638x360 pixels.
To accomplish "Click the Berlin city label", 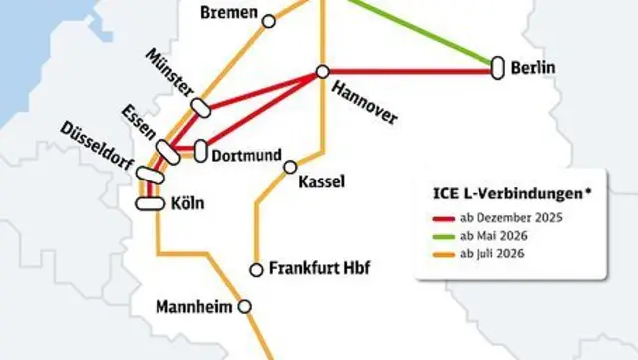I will pyautogui.click(x=534, y=68).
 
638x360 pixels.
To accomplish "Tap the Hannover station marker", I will pyautogui.click(x=322, y=71).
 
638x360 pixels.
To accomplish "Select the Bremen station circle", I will pyautogui.click(x=268, y=19).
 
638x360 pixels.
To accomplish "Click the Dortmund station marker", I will pyautogui.click(x=201, y=152).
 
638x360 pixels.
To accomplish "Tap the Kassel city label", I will pyautogui.click(x=321, y=180).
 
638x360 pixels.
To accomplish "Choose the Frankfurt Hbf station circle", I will pyautogui.click(x=256, y=269).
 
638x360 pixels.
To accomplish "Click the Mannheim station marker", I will pyautogui.click(x=244, y=307).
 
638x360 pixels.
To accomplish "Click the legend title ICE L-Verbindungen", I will pyautogui.click(x=510, y=192).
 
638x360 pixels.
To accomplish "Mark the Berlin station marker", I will pyautogui.click(x=496, y=67).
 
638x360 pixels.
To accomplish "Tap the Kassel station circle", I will pyautogui.click(x=290, y=167).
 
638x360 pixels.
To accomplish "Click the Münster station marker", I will pyautogui.click(x=201, y=106).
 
